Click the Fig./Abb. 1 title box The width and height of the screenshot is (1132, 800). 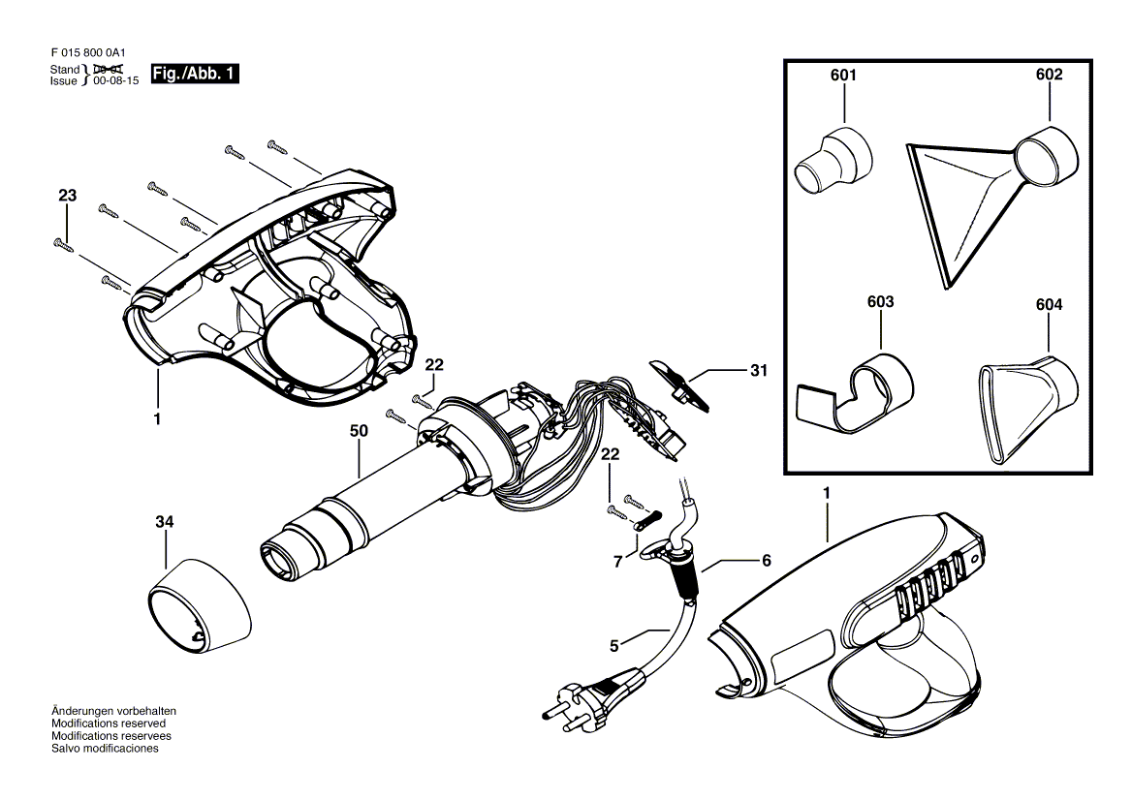(195, 74)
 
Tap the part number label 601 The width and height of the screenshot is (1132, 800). (842, 75)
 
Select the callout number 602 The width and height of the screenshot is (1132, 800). (1049, 75)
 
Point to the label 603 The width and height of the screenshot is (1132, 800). (880, 302)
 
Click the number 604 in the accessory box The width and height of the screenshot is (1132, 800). (1049, 305)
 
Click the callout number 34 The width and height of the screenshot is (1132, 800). (164, 522)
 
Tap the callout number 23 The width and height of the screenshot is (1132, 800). (67, 195)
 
